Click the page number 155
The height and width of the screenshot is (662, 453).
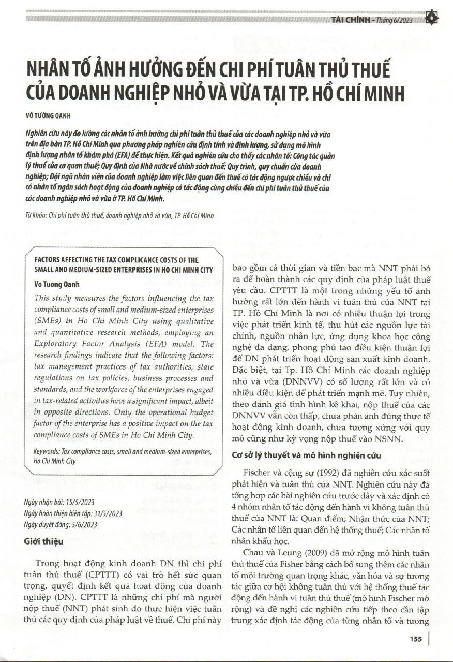[415, 639]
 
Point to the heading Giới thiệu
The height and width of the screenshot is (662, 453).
[43, 541]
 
